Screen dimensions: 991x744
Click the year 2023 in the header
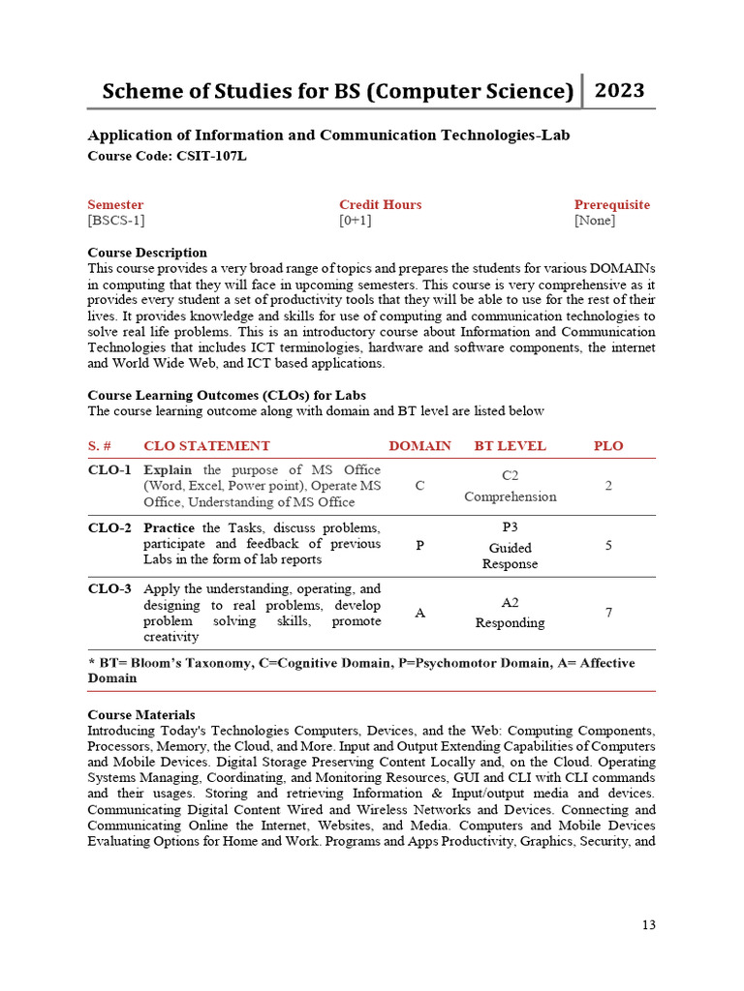[619, 91]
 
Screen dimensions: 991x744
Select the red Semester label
[115, 204]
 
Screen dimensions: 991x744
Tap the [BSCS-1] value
[116, 221]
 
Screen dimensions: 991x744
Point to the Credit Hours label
[380, 204]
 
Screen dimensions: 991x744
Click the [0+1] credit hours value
[356, 221]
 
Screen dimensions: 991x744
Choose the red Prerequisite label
[611, 204]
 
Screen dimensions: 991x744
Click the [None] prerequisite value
[594, 221]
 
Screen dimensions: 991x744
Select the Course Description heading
[147, 253]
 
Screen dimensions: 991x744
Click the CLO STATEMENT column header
[206, 446]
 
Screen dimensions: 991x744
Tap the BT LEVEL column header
[510, 446]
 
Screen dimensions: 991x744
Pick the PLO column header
[608, 446]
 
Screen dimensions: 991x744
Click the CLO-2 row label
[109, 527]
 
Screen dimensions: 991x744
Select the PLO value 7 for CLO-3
[608, 613]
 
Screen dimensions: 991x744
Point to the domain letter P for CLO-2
[419, 546]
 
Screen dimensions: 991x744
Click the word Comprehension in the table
[510, 496]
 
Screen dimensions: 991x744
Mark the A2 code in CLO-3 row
[510, 602]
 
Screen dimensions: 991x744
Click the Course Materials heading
[140, 714]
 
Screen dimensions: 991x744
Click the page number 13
[648, 925]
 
